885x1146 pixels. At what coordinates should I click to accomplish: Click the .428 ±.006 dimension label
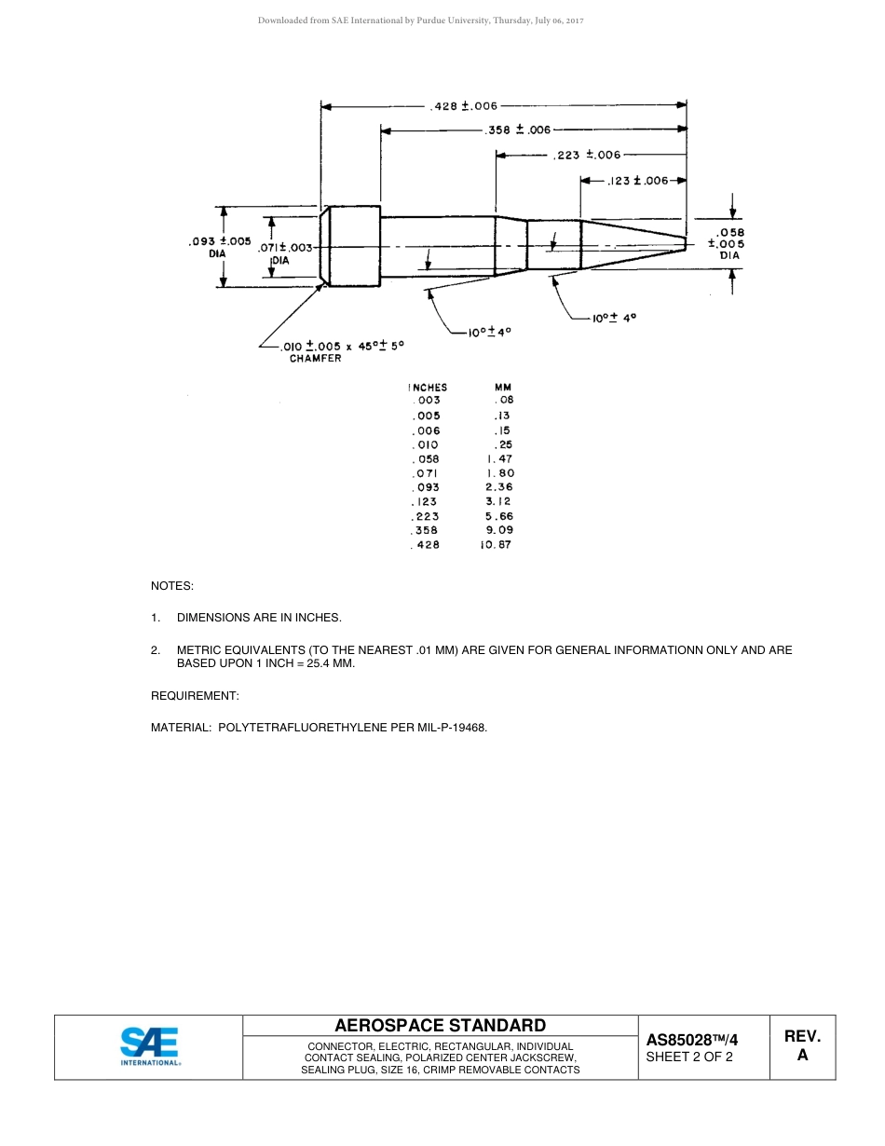click(464, 106)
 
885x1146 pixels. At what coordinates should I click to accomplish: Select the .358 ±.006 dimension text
click(518, 130)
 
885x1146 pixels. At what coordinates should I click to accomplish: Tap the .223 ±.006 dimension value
click(586, 156)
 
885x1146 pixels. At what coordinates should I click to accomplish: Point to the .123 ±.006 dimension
click(638, 181)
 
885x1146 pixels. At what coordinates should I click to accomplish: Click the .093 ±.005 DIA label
click(220, 247)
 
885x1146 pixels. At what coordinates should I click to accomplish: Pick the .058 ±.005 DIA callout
click(729, 243)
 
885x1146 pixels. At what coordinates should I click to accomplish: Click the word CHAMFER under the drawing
click(315, 359)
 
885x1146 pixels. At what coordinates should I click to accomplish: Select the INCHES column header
click(428, 388)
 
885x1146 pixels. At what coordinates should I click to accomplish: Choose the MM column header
click(503, 388)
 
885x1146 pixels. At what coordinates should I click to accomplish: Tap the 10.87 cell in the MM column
click(497, 545)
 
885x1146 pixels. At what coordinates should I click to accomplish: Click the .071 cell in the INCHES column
click(425, 473)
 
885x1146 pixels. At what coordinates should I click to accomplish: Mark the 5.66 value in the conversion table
click(499, 516)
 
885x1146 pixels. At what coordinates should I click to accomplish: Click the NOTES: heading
click(172, 586)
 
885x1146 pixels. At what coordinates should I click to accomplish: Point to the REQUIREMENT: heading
click(195, 696)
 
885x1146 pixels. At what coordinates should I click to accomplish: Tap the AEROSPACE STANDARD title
click(441, 1026)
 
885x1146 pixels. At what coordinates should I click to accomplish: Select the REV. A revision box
click(802, 1046)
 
